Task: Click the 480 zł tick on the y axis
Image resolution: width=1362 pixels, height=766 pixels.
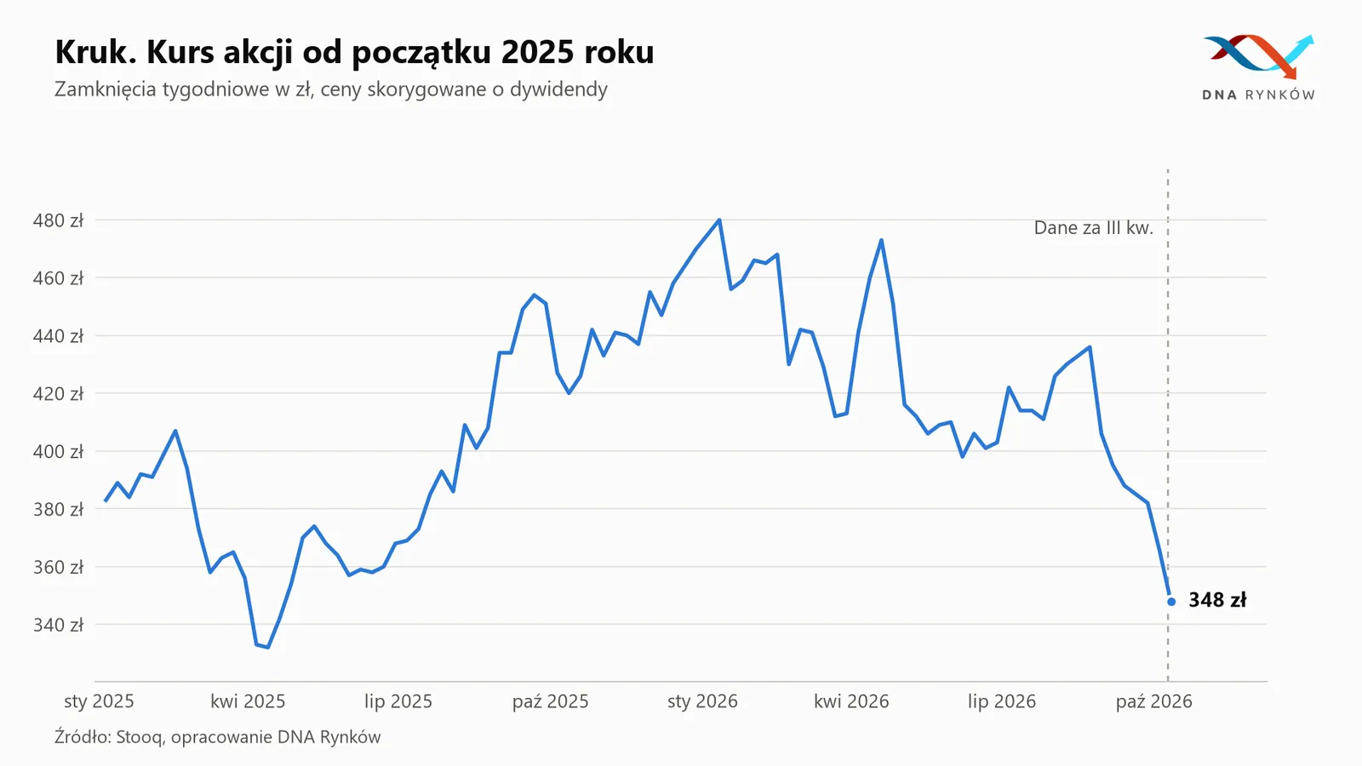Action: pyautogui.click(x=58, y=220)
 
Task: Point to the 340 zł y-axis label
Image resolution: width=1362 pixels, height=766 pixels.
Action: pyautogui.click(x=58, y=625)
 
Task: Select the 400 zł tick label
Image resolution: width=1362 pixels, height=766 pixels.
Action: pyautogui.click(x=58, y=452)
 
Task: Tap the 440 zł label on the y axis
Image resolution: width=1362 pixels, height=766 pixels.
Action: pyautogui.click(x=58, y=336)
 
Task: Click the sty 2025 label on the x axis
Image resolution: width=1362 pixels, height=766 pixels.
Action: pyautogui.click(x=99, y=701)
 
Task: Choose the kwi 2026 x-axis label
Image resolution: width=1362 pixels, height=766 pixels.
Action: pyautogui.click(x=851, y=701)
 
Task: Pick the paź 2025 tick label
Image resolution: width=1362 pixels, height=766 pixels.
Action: pyautogui.click(x=550, y=701)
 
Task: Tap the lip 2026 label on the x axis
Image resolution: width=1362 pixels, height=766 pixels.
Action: pyautogui.click(x=1001, y=701)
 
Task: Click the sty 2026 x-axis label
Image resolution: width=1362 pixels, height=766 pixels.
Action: pyautogui.click(x=702, y=701)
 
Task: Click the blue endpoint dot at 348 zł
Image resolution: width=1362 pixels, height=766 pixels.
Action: pyautogui.click(x=1171, y=602)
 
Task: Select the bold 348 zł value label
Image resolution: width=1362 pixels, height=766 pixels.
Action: pyautogui.click(x=1217, y=600)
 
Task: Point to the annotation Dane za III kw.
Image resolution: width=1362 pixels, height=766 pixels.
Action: pyautogui.click(x=1093, y=228)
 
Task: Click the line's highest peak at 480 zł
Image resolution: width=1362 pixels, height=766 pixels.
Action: pyautogui.click(x=719, y=220)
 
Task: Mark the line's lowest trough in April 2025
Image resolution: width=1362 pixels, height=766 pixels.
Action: pyautogui.click(x=267, y=648)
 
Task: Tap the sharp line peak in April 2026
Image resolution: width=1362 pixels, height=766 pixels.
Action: pyautogui.click(x=881, y=240)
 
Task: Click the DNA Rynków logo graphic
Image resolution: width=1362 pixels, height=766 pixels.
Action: pyautogui.click(x=1258, y=56)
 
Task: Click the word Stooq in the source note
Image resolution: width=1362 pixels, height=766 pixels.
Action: pyautogui.click(x=140, y=737)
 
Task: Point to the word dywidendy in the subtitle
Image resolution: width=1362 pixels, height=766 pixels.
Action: pyautogui.click(x=558, y=89)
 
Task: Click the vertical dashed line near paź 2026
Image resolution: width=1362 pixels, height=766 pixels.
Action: pyautogui.click(x=1167, y=426)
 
